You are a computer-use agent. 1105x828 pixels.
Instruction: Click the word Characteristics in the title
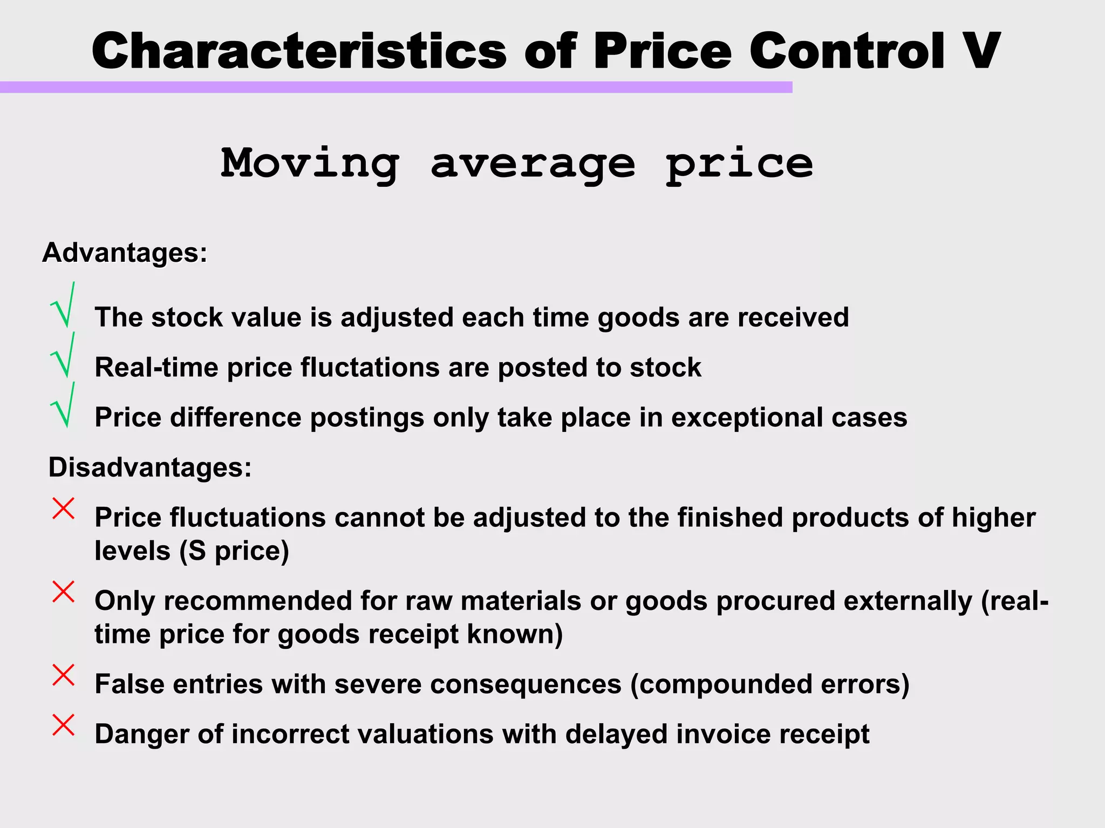[x=299, y=51]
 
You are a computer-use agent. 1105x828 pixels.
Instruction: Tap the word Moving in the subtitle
[x=310, y=163]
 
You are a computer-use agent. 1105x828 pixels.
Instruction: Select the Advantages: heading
[x=125, y=253]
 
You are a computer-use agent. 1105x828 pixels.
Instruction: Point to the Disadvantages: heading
[x=150, y=467]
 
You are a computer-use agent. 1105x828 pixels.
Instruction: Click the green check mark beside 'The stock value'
[x=64, y=306]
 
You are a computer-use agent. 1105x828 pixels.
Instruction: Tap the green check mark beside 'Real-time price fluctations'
[x=64, y=356]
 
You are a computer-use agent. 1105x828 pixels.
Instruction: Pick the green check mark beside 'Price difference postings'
[x=64, y=406]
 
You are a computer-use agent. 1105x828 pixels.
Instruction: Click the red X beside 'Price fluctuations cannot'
[x=63, y=508]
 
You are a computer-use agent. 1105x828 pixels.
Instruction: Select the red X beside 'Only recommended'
[x=63, y=592]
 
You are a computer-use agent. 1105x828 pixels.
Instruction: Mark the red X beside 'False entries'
[x=63, y=675]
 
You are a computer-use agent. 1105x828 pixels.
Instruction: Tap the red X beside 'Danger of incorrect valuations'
[x=63, y=725]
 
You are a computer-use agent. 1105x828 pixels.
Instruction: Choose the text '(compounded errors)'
[x=770, y=684]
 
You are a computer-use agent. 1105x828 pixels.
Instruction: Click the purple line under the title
[x=396, y=87]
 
